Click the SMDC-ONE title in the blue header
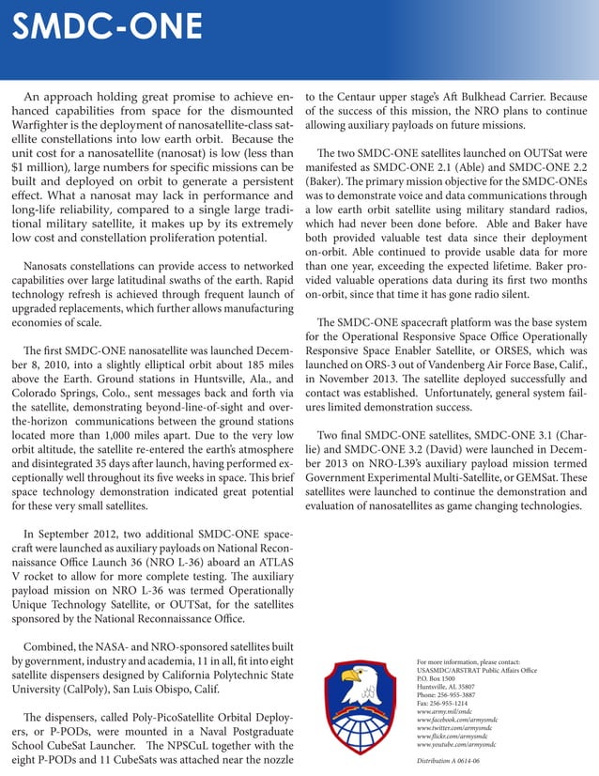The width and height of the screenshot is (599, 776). (x=94, y=32)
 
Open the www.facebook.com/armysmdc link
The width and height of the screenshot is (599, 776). (x=460, y=719)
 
